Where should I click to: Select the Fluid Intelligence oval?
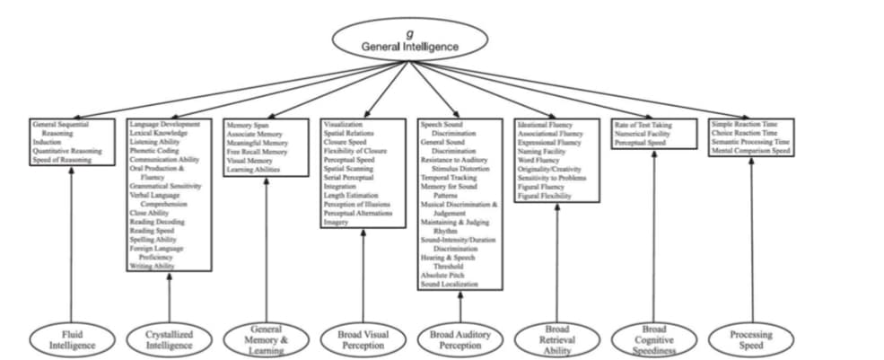pyautogui.click(x=72, y=339)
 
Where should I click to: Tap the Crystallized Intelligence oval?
pyautogui.click(x=169, y=339)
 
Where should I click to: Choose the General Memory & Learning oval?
pyautogui.click(x=266, y=339)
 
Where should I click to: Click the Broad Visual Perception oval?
pyautogui.click(x=363, y=340)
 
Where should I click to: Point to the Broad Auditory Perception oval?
pyautogui.click(x=460, y=340)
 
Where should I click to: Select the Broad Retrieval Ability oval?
pyautogui.click(x=557, y=339)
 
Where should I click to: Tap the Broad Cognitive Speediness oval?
pyautogui.click(x=654, y=339)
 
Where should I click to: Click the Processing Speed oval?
pyautogui.click(x=751, y=339)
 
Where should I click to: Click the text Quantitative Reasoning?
pyautogui.click(x=67, y=151)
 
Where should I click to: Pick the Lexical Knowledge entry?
pyautogui.click(x=159, y=133)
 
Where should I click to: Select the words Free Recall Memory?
pyautogui.click(x=257, y=152)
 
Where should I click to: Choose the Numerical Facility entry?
pyautogui.click(x=643, y=133)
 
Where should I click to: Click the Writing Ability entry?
pyautogui.click(x=153, y=266)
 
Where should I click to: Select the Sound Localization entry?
pyautogui.click(x=449, y=284)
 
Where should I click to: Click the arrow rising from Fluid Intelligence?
pyautogui.click(x=72, y=242)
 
